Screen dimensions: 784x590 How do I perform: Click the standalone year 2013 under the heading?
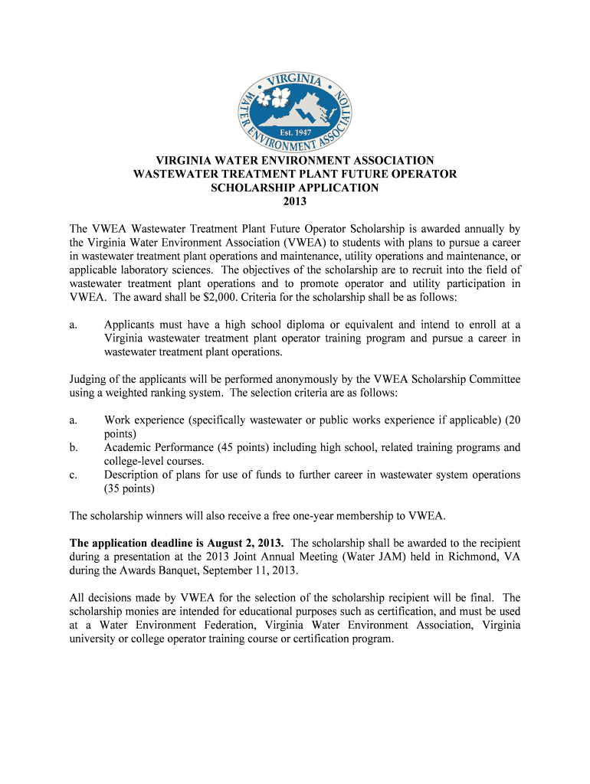tap(295, 201)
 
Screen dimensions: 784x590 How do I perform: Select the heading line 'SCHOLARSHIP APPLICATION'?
tap(295, 188)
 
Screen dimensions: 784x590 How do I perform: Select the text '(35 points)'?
tap(129, 489)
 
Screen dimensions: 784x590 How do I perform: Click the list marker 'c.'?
tap(74, 475)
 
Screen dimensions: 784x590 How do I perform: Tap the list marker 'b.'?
tap(74, 448)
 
